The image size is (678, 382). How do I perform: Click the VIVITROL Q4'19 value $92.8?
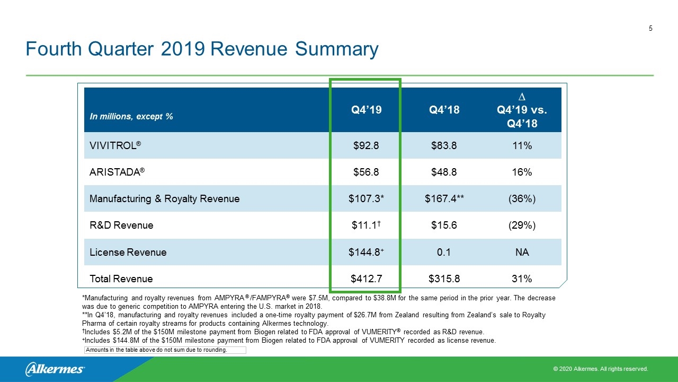[366, 146]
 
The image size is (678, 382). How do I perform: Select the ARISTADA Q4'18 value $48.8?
[444, 172]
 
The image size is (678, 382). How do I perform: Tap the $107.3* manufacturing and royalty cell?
[366, 199]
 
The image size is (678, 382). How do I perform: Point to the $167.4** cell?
[444, 199]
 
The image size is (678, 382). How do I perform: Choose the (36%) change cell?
[522, 199]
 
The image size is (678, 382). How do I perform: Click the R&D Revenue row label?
[121, 225]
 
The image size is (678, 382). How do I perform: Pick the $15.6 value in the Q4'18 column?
[444, 225]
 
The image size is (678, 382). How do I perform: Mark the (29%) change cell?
[522, 225]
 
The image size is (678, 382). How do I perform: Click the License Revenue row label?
[128, 252]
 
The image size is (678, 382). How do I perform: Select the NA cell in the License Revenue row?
[522, 252]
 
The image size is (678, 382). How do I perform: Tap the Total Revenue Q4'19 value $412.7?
[366, 279]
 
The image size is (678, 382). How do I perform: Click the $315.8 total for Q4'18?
[444, 279]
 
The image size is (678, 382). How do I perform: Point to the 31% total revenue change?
[522, 279]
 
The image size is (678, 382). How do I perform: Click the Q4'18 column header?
[444, 110]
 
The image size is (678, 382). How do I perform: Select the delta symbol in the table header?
[522, 97]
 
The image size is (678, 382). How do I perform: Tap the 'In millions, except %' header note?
[131, 117]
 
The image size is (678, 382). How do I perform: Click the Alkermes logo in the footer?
[55, 369]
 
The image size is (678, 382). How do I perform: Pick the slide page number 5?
[650, 29]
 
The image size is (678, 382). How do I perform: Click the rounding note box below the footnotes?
[165, 350]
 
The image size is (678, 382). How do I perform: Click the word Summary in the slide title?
[336, 49]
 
